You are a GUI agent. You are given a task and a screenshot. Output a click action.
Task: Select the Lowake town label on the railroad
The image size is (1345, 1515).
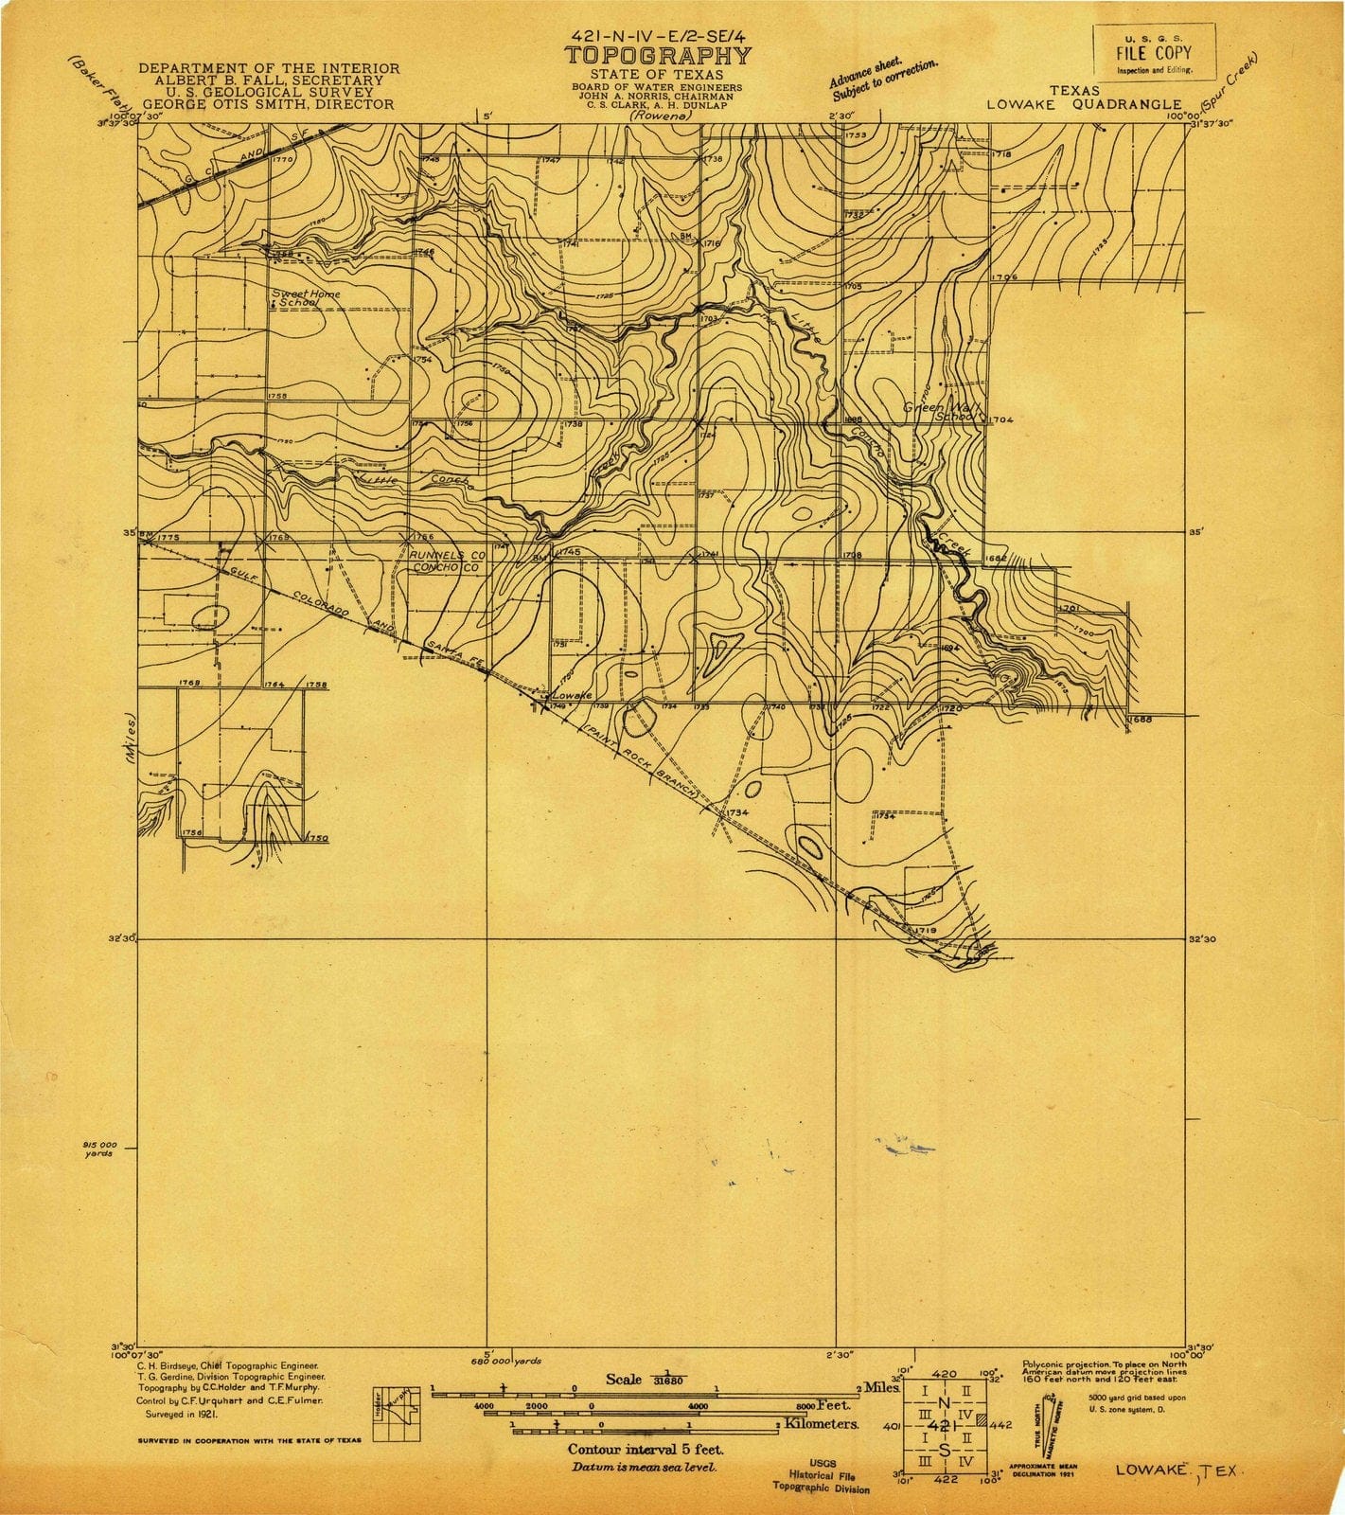(x=571, y=695)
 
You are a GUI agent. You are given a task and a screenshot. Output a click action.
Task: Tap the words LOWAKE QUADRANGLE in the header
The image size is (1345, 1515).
(x=1084, y=105)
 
